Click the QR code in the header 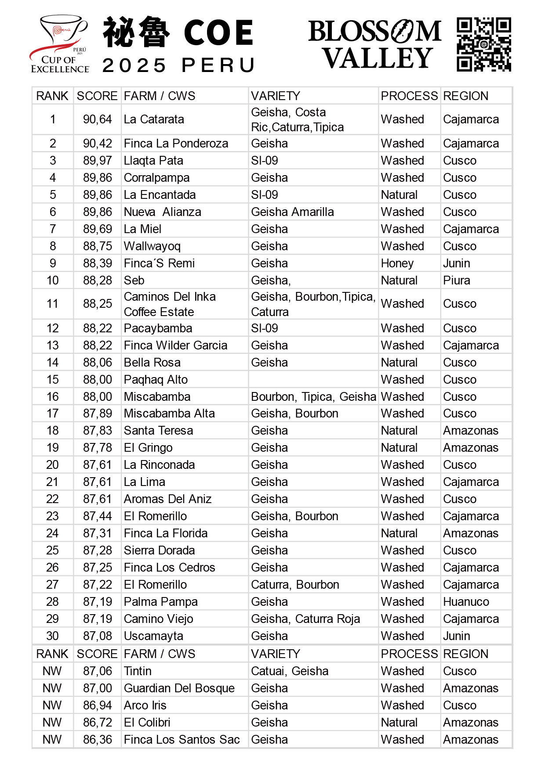click(x=484, y=44)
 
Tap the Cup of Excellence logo click(x=59, y=44)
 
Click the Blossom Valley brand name click(x=375, y=44)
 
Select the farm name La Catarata click(x=154, y=119)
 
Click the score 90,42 click(x=98, y=144)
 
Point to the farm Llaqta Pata click(x=153, y=161)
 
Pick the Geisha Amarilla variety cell click(x=292, y=212)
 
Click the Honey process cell click(x=397, y=263)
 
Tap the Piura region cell click(x=457, y=281)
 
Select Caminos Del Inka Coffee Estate click(x=170, y=304)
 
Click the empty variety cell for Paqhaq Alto click(x=313, y=380)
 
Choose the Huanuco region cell click(x=466, y=602)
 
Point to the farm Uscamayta click(x=153, y=636)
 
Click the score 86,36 click(x=98, y=740)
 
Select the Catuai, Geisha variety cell click(x=290, y=671)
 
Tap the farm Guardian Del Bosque click(x=179, y=688)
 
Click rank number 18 click(x=53, y=431)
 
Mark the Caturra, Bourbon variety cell click(x=295, y=585)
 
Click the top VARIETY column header click(x=276, y=96)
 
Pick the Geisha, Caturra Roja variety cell click(x=305, y=619)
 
